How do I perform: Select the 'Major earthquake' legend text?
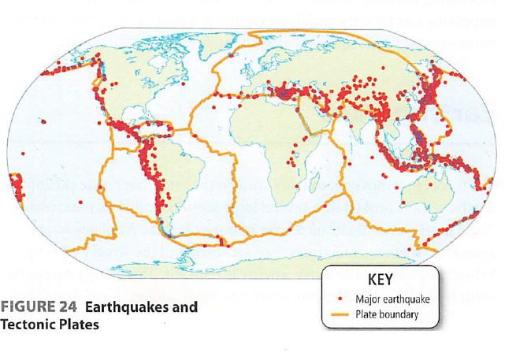(388, 300)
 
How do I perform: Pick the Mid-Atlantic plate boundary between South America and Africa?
(233, 181)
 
